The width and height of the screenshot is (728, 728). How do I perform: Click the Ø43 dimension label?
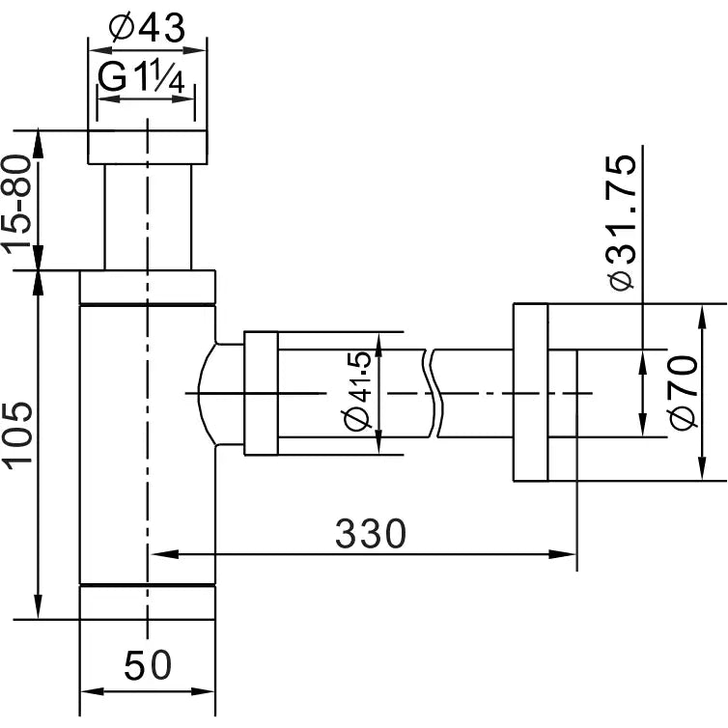tap(147, 29)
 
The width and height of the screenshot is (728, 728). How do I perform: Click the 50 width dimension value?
tap(148, 665)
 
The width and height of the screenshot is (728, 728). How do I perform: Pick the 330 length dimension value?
tap(371, 533)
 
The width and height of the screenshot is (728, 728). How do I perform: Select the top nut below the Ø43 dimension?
tap(147, 146)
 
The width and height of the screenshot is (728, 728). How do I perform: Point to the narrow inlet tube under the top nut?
tap(147, 215)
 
